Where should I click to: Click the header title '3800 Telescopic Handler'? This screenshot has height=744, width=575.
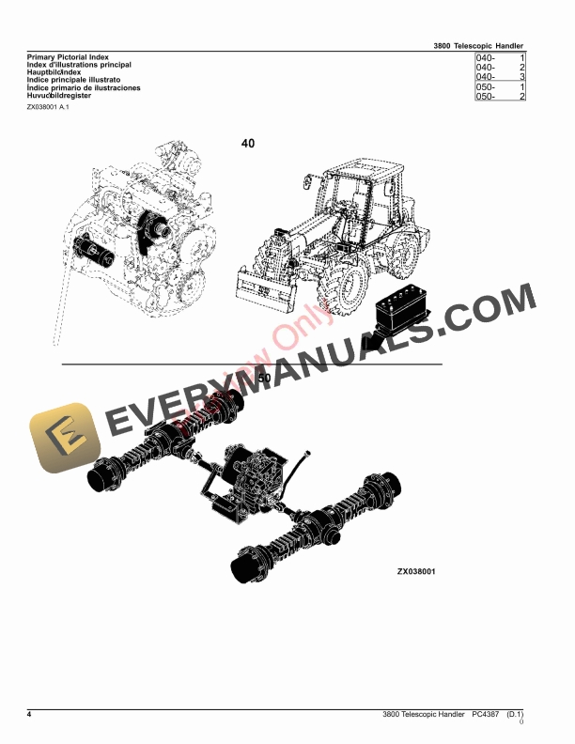pyautogui.click(x=478, y=45)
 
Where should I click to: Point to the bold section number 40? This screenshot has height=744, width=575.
pyautogui.click(x=248, y=144)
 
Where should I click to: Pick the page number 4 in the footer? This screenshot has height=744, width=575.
pyautogui.click(x=29, y=715)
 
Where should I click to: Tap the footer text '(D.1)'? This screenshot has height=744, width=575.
pyautogui.click(x=515, y=715)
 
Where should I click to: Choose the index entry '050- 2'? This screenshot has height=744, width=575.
pyautogui.click(x=499, y=96)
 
